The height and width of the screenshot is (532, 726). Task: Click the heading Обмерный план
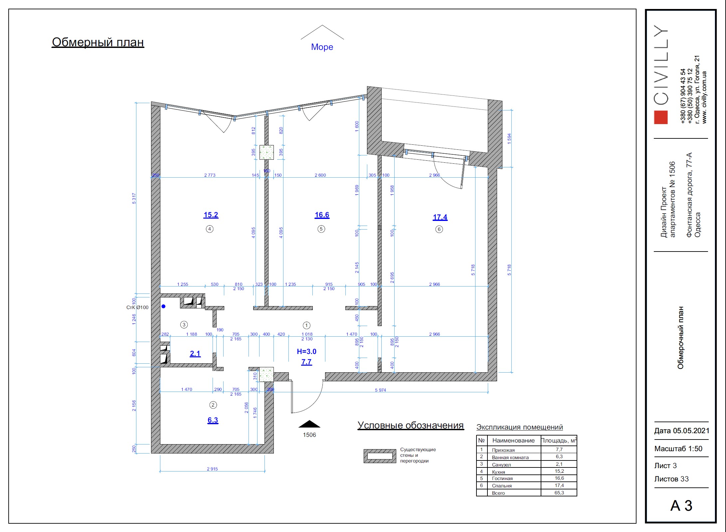[98, 42]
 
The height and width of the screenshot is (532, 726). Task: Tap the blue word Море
[322, 47]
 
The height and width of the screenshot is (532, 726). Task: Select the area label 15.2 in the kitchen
[211, 215]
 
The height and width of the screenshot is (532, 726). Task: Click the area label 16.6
[322, 215]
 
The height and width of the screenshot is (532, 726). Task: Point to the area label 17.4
[440, 217]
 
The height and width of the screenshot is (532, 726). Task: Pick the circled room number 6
[439, 229]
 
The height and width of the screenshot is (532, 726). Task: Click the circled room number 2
[213, 405]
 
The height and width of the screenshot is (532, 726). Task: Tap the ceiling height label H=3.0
[306, 351]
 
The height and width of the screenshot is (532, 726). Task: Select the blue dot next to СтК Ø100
[163, 306]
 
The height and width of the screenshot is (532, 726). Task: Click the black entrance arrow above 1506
[309, 424]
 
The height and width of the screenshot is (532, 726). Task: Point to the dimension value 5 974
[380, 390]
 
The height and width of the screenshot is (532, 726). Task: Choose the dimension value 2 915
[212, 469]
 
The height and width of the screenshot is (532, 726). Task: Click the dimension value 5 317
[134, 198]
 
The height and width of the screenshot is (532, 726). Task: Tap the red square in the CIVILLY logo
[661, 117]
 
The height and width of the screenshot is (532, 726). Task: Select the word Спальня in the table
[502, 486]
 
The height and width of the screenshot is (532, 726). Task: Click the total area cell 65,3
[559, 493]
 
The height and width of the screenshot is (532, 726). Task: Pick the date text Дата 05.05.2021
[682, 431]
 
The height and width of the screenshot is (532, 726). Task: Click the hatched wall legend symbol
[380, 456]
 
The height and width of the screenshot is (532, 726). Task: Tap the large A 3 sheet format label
[681, 506]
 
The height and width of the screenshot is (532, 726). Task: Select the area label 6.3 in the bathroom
[213, 420]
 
